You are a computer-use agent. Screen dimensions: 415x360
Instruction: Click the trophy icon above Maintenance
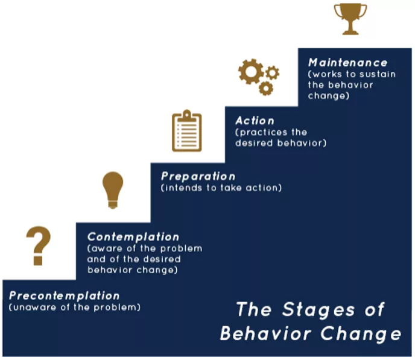[350, 19]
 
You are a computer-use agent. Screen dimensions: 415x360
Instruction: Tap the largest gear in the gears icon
[251, 72]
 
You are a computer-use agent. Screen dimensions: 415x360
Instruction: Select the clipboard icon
[187, 131]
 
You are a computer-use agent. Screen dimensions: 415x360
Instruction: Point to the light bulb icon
[113, 190]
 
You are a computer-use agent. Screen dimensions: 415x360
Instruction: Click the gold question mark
[39, 246]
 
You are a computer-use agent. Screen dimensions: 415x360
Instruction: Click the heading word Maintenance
[348, 63]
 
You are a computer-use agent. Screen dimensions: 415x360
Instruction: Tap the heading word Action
[255, 121]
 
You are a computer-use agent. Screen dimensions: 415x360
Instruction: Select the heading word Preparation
[198, 177]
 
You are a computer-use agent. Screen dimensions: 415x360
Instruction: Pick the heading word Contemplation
[133, 237]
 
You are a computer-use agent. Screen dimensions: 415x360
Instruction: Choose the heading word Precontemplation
[65, 295]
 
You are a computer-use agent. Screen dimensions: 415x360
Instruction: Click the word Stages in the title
[318, 309]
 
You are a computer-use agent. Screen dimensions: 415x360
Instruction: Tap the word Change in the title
[361, 334]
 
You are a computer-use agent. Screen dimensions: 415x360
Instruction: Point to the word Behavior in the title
[265, 333]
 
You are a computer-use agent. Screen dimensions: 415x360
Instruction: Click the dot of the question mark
[38, 261]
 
